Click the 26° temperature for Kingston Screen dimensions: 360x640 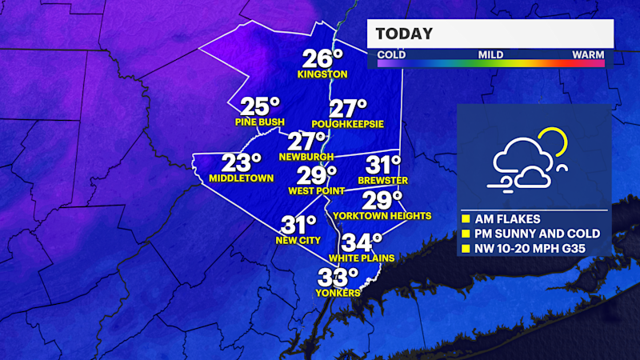pos(322,58)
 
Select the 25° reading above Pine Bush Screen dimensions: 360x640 pos(261,106)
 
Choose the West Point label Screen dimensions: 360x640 pos(316,191)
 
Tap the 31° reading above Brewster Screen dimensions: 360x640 pos(383,166)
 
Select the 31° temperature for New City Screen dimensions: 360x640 pos(298,226)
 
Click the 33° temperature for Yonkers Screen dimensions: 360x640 pos(338,278)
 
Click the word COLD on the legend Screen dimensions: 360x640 pos(391,55)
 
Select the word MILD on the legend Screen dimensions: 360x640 pos(491,55)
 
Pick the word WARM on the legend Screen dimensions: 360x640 pos(588,55)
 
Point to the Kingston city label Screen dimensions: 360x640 pos(322,74)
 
